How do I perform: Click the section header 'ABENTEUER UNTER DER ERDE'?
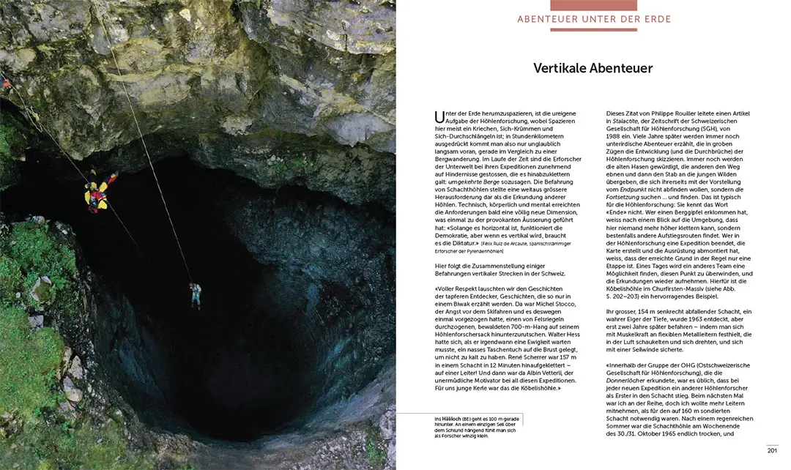[594, 19]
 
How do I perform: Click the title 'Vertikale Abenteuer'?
[593, 68]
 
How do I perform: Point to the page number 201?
[771, 449]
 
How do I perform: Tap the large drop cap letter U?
[439, 116]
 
